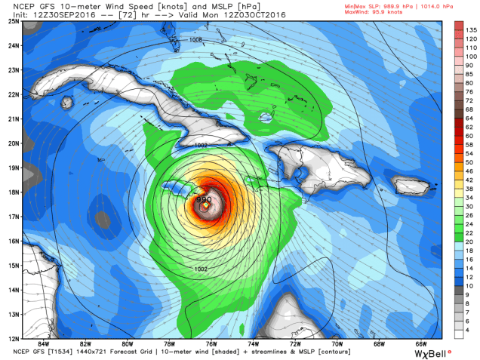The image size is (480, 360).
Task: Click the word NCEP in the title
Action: (x=15, y=5)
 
